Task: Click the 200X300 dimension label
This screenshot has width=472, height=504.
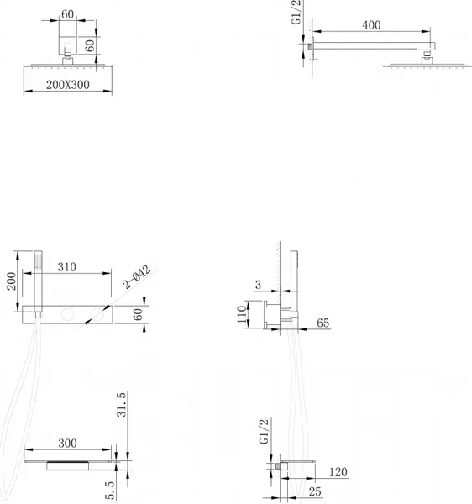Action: (68, 85)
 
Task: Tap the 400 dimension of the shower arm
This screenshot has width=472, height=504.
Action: (372, 25)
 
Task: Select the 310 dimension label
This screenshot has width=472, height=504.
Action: (67, 267)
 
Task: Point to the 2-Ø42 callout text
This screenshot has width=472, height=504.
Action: (137, 276)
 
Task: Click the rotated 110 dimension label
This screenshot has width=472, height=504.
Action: (242, 314)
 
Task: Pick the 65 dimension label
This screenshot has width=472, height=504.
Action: (323, 323)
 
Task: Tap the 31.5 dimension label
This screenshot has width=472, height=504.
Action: (122, 405)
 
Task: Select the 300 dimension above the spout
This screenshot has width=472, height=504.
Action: (67, 444)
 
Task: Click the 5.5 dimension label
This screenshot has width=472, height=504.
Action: (110, 491)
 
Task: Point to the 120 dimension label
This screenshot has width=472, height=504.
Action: (338, 472)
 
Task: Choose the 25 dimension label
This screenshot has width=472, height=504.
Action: (315, 491)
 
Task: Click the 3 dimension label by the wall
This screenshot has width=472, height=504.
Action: (259, 285)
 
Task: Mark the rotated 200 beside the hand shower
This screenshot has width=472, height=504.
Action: (12, 281)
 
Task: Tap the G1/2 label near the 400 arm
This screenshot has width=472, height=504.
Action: (296, 13)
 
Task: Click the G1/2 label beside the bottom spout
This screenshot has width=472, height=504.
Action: (264, 432)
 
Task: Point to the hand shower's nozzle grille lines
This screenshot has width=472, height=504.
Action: (38, 260)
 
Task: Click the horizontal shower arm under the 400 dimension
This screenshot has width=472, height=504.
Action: (373, 45)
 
